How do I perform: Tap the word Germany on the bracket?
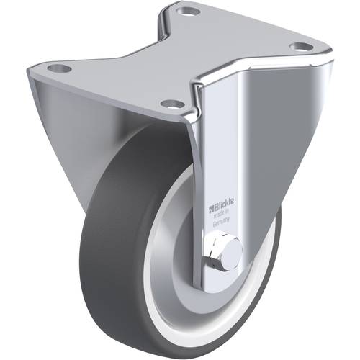[x=223, y=224]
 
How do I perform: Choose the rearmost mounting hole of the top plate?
[x=189, y=12]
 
